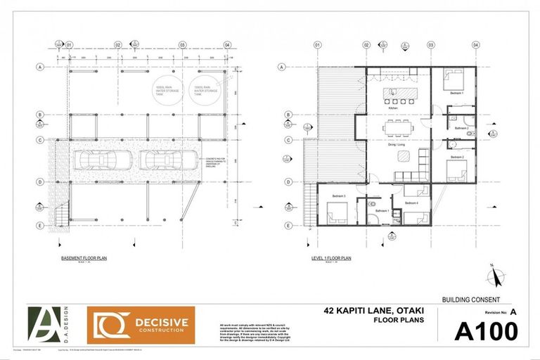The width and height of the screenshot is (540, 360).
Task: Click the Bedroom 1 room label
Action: click(x=456, y=92)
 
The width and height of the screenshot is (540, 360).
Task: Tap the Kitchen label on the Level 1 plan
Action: click(x=394, y=108)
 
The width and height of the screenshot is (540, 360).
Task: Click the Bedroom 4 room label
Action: click(x=411, y=203)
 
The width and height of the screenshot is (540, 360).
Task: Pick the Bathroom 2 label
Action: click(x=461, y=128)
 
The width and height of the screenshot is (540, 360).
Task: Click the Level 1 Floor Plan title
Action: click(x=331, y=259)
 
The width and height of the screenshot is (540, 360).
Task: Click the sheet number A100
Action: click(x=487, y=330)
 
